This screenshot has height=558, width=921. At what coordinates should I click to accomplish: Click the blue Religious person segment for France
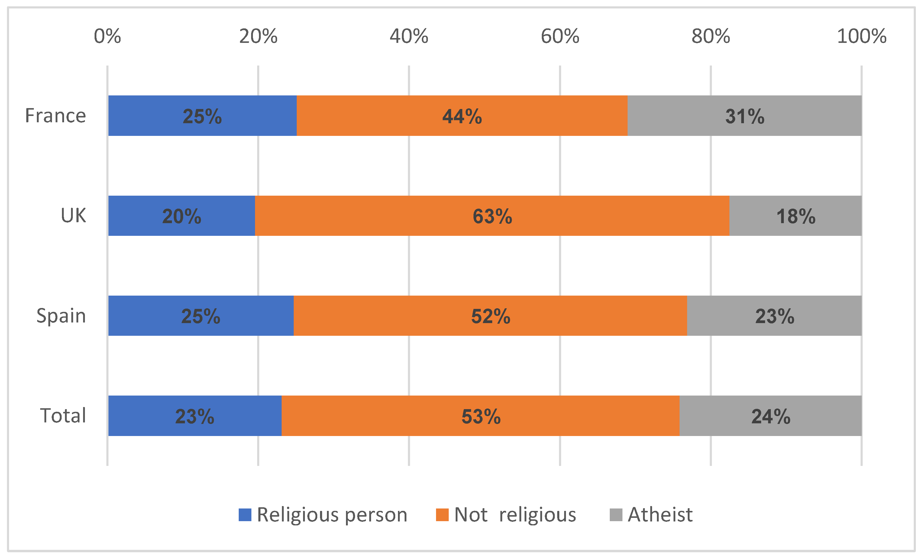click(x=202, y=115)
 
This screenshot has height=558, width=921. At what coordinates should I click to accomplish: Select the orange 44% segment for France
click(x=462, y=115)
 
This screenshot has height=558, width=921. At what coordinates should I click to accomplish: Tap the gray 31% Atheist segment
click(x=745, y=115)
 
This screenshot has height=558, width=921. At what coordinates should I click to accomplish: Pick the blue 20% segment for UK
click(x=182, y=216)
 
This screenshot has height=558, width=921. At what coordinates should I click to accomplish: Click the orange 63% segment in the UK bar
click(x=492, y=216)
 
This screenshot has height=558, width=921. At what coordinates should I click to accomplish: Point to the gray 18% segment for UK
click(x=795, y=216)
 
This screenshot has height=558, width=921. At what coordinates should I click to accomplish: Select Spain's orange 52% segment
click(x=490, y=316)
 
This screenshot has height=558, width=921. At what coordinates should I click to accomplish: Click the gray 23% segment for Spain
click(x=774, y=316)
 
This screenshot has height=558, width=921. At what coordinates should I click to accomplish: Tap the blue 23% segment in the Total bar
click(x=195, y=416)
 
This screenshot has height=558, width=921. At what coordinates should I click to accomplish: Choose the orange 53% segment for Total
click(x=481, y=416)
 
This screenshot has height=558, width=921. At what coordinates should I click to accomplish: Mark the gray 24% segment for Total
click(x=771, y=416)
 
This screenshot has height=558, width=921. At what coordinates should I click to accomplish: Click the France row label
click(x=55, y=115)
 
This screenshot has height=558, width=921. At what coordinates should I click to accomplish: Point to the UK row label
click(x=73, y=216)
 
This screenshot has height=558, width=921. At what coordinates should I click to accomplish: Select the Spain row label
click(x=61, y=316)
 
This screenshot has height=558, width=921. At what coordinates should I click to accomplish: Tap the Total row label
click(x=63, y=416)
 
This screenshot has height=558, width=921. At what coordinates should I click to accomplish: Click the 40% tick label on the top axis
click(x=409, y=37)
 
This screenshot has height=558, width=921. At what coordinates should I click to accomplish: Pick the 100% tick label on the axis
click(x=861, y=37)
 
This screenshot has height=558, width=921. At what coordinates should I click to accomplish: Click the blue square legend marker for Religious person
click(x=245, y=515)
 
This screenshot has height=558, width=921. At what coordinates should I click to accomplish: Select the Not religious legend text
click(x=515, y=515)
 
